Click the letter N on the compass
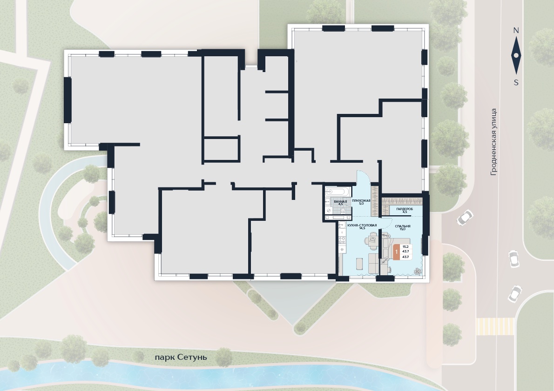tap(516, 30)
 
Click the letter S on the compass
tap(516, 83)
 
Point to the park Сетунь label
tap(181, 358)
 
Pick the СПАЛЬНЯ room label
tap(402, 226)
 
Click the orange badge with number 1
tap(397, 252)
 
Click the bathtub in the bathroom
tap(338, 192)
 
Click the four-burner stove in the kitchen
tap(342, 240)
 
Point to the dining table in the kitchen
tap(372, 242)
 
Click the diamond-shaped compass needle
tap(516, 56)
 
